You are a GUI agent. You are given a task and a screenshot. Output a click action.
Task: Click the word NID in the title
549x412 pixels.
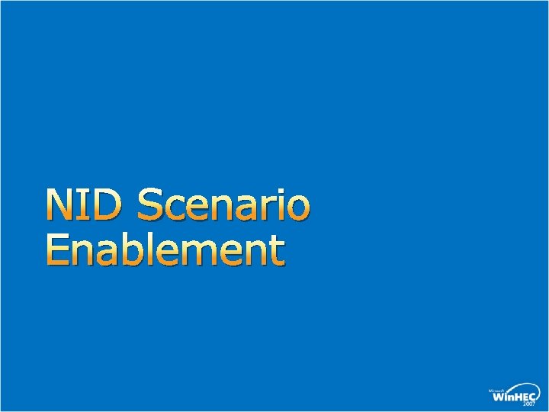(x=85, y=204)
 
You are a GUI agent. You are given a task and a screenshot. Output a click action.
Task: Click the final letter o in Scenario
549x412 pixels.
(x=299, y=208)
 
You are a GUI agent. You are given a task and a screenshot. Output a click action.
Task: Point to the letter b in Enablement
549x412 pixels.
(x=127, y=250)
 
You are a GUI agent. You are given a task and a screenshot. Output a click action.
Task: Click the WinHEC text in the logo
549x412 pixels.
(x=513, y=396)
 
